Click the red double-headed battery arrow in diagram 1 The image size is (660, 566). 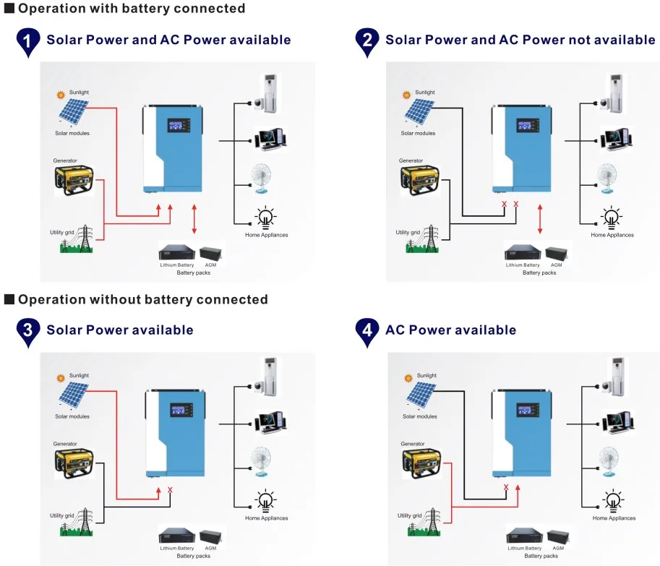(194, 220)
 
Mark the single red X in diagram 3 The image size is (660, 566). (170, 490)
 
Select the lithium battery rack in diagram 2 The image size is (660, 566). (523, 253)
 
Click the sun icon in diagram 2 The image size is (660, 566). (406, 95)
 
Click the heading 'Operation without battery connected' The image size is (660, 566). (142, 299)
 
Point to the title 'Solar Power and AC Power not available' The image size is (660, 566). (520, 40)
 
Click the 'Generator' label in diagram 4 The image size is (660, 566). (413, 444)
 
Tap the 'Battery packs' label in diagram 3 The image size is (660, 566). (193, 556)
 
